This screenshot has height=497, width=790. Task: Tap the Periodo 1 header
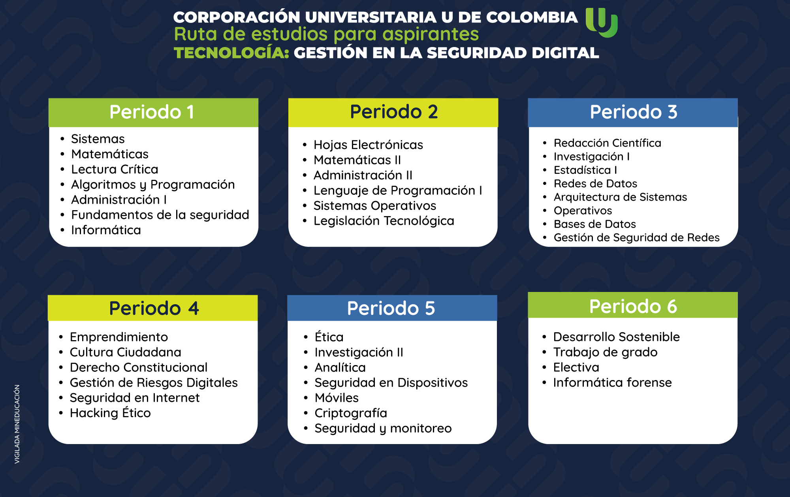click(153, 113)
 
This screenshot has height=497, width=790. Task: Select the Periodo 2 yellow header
click(393, 113)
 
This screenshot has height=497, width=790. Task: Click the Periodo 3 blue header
click(633, 113)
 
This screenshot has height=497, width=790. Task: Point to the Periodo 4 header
click(152, 308)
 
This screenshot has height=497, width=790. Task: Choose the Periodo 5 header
click(392, 308)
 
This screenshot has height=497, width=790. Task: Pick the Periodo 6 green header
click(633, 305)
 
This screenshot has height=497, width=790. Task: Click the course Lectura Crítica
click(115, 169)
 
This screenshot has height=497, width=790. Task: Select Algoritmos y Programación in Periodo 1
click(153, 184)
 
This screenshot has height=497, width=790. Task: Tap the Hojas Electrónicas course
click(368, 145)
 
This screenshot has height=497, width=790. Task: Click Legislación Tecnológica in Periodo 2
click(384, 221)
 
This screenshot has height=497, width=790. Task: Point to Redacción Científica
click(608, 143)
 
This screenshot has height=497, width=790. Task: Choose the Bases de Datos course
click(595, 224)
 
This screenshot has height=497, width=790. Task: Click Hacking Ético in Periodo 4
click(110, 413)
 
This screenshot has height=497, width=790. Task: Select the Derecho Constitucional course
click(139, 367)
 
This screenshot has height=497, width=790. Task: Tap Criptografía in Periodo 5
click(351, 413)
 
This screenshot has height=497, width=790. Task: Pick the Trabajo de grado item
click(605, 352)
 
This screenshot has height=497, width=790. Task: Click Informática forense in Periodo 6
click(612, 382)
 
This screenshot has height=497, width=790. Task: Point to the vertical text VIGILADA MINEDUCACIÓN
click(17, 424)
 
